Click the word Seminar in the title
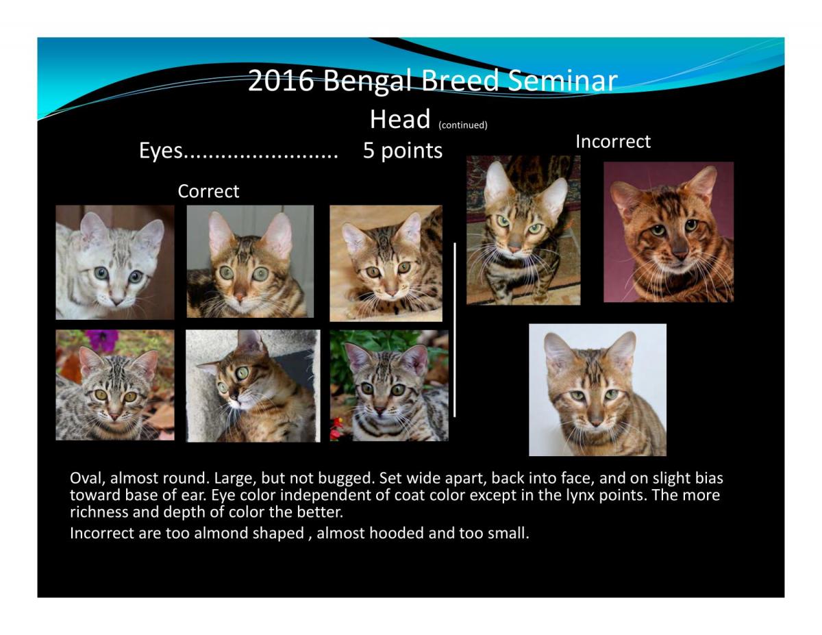click(x=562, y=80)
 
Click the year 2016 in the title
click(x=281, y=80)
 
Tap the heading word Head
click(x=400, y=119)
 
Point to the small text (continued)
click(x=462, y=125)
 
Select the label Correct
click(x=208, y=191)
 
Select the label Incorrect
click(x=613, y=141)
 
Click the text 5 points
click(x=403, y=151)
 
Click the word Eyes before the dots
click(x=161, y=151)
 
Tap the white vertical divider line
click(x=454, y=329)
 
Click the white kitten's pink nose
click(x=116, y=301)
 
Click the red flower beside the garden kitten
click(x=336, y=429)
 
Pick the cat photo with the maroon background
click(x=668, y=232)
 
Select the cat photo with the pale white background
click(x=597, y=390)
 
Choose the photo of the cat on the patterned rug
click(x=523, y=230)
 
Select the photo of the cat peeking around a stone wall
click(x=253, y=386)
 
